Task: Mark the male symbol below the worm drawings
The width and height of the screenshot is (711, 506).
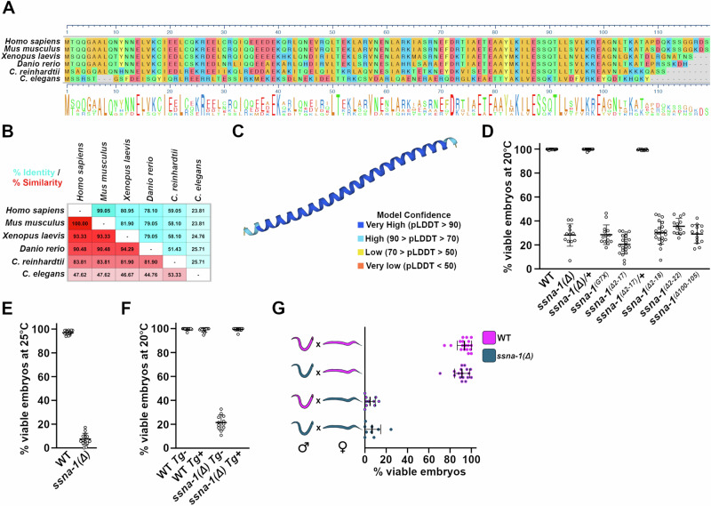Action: point(308,461)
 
